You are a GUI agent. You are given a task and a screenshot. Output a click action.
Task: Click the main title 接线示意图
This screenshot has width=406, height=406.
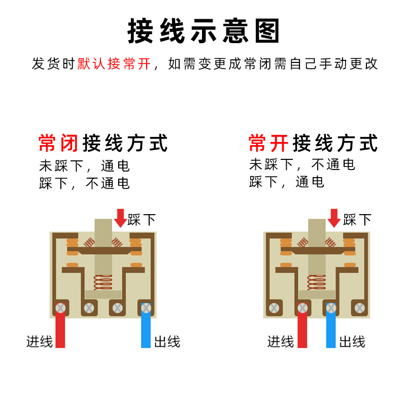click(203, 31)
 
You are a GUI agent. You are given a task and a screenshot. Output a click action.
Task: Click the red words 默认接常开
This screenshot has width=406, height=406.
click(114, 64)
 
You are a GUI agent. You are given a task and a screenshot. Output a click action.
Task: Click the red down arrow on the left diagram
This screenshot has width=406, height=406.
click(120, 218)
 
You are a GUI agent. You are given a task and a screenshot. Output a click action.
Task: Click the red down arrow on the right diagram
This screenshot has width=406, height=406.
click(334, 218)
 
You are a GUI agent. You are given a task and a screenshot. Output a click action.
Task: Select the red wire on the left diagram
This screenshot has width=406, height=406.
click(60, 330)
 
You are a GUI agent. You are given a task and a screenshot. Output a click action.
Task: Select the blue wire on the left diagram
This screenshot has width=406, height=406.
click(146, 330)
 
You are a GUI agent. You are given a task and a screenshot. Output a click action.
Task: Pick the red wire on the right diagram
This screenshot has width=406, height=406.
click(302, 330)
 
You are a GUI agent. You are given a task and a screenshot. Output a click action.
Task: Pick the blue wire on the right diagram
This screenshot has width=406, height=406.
click(331, 330)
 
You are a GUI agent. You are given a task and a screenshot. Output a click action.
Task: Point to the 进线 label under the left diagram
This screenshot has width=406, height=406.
click(40, 342)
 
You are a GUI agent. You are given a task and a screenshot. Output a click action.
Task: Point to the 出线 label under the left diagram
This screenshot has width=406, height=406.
click(166, 342)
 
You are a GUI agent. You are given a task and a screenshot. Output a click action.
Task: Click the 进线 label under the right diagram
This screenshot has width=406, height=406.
click(281, 342)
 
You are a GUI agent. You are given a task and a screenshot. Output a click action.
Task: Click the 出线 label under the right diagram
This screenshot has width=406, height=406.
click(352, 342)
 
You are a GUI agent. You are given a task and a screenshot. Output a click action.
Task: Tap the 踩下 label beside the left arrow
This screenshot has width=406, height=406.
click(142, 220)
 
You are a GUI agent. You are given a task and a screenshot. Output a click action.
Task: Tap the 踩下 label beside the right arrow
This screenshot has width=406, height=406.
click(357, 220)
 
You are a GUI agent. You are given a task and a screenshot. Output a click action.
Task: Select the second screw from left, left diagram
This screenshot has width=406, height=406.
click(89, 308)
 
